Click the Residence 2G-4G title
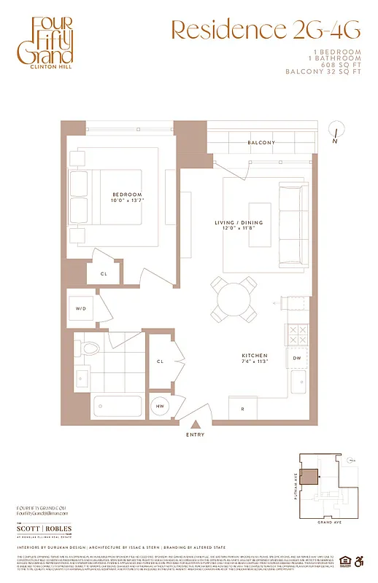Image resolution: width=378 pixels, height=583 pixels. click(x=265, y=30)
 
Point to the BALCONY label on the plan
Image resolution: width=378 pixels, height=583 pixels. click(x=261, y=142)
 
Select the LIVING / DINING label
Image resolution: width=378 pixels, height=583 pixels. click(x=244, y=223)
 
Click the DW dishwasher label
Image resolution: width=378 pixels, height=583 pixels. click(x=297, y=359)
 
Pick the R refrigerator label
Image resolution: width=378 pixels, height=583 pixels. click(x=242, y=409)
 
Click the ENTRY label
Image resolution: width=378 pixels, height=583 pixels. click(x=195, y=435)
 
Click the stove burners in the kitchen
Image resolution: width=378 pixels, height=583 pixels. click(x=297, y=334)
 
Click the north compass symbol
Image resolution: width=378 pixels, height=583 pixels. click(x=335, y=132)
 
